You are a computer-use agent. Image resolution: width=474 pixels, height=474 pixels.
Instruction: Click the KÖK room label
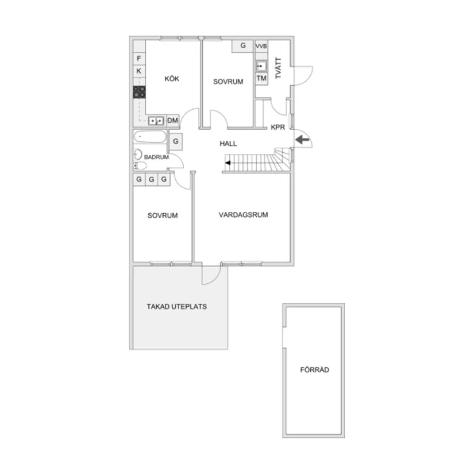coord(172,79)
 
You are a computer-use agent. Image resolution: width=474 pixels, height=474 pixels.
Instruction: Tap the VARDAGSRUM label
coord(244,215)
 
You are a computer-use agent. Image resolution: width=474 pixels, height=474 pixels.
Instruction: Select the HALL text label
coord(228,144)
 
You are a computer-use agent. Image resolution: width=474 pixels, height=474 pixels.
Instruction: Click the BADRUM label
coord(156,156)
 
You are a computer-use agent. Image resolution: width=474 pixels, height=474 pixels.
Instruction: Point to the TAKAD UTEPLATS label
coord(177,307)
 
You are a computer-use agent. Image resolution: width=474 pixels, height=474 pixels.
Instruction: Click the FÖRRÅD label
coord(315,370)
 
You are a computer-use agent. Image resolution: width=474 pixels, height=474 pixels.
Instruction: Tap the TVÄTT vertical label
coord(279,68)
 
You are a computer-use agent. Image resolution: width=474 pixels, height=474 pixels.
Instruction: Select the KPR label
coord(278,128)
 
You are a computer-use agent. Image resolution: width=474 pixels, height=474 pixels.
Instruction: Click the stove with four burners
coord(139,92)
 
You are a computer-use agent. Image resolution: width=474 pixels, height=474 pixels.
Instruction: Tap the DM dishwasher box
coord(172,120)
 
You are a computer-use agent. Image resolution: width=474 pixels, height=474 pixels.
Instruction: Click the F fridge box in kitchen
coord(139,58)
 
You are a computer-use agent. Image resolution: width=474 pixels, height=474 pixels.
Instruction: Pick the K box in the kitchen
coord(139,71)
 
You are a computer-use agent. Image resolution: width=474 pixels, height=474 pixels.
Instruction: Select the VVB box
coord(261,46)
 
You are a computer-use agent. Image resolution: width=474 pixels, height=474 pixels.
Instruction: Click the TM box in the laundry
coord(261,78)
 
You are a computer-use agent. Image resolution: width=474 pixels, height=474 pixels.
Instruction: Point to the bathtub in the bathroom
coord(150,138)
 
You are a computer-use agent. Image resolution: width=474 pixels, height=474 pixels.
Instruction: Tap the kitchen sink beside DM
coord(156,121)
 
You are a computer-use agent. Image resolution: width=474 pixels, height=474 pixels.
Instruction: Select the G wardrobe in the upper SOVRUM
coord(242,46)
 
